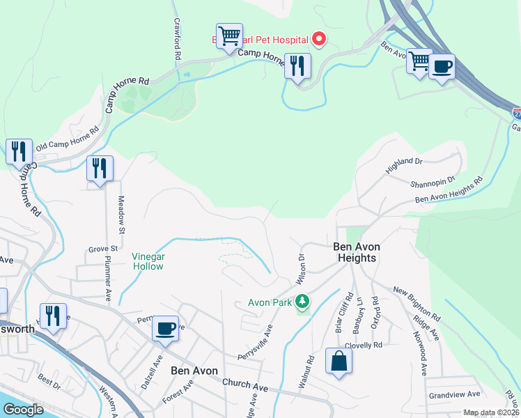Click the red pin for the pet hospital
318,39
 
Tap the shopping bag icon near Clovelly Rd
339,362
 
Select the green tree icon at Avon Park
302,302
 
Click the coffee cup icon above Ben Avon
165,328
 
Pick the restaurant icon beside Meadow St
100,169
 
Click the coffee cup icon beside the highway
442,68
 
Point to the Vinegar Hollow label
148,261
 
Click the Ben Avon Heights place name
355,252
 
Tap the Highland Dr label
404,166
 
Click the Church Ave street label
245,385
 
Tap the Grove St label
102,248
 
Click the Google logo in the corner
24,410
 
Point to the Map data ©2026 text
491,412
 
